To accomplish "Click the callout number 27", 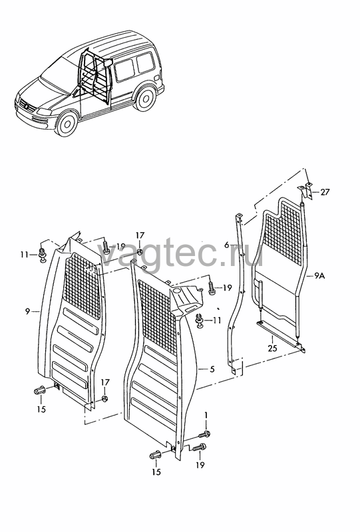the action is coord(325,192).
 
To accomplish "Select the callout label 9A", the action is coord(319,276).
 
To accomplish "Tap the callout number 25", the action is coord(272,348).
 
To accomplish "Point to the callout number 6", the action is coord(227,244).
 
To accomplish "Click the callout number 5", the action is coord(212,369).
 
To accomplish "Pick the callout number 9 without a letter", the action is coord(28,311).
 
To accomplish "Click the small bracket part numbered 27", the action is coord(305,190).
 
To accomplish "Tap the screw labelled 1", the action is coord(204,434).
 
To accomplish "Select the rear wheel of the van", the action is coord(145,98).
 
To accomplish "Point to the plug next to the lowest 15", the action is coord(155,455).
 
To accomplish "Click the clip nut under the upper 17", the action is coord(140,251).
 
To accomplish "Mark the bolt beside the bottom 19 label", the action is coord(200,448).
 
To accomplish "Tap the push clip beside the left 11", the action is coord(43,255).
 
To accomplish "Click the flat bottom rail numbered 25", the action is coord(281,336).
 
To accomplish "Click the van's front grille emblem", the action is coord(26,106).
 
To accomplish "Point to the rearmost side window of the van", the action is coord(145,63).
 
